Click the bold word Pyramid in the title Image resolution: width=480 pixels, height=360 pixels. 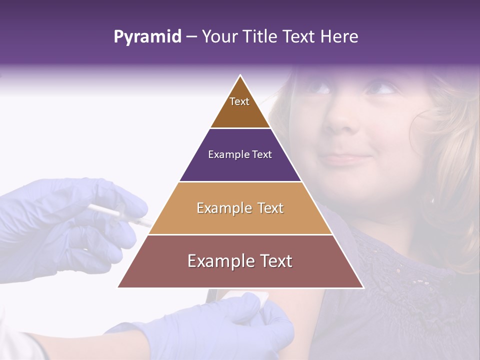[147, 37]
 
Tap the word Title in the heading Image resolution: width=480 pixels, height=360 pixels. [261, 37]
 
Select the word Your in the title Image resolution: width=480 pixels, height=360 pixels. [219, 37]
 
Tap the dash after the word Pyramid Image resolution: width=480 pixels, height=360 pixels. [191, 37]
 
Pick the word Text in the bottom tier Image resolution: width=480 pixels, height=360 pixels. [273, 261]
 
